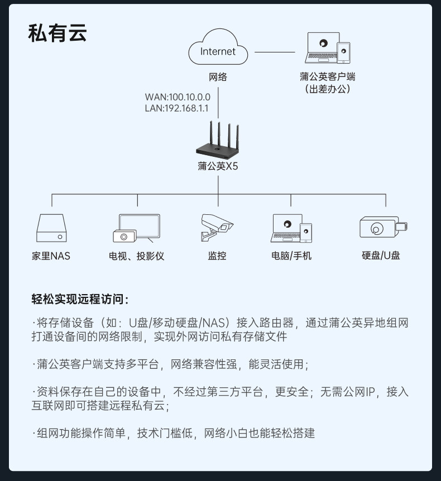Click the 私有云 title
58,34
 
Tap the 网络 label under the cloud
218,77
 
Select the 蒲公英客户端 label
327,77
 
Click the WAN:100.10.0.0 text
178,97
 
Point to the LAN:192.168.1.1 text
176,108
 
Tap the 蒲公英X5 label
218,166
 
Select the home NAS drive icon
51,229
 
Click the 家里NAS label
51,256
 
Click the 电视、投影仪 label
137,256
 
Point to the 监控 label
217,256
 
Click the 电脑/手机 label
291,256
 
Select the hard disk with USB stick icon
383,228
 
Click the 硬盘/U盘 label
381,256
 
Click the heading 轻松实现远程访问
80,300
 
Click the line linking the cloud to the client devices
275,51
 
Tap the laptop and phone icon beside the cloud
328,49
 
